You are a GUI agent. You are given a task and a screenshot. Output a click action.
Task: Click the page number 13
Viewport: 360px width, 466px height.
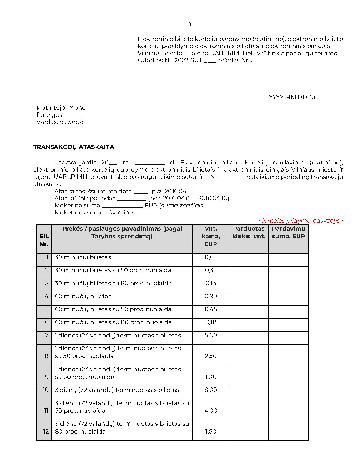click(x=188, y=24)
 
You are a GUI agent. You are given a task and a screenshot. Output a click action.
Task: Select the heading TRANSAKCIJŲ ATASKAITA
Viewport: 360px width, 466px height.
click(x=74, y=147)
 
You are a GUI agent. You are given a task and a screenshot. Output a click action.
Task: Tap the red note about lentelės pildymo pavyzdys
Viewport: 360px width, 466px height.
click(x=301, y=221)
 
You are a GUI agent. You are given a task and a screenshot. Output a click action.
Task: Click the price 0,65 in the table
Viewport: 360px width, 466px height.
click(x=211, y=257)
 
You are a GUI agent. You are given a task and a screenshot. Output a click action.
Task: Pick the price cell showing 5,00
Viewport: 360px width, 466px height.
click(x=211, y=335)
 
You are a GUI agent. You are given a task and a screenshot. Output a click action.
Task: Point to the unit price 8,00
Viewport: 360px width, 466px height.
click(x=211, y=390)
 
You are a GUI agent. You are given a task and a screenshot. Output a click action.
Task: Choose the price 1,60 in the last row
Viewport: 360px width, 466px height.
click(x=211, y=432)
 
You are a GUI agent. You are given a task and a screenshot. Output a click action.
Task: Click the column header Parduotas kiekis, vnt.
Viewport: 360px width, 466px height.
click(x=249, y=232)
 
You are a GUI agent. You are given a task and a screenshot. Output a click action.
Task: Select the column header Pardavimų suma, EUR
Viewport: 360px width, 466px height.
click(x=288, y=232)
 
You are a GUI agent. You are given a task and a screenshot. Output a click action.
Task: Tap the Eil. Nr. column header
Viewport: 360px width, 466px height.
click(x=44, y=240)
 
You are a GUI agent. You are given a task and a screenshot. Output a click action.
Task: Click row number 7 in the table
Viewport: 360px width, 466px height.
click(x=46, y=335)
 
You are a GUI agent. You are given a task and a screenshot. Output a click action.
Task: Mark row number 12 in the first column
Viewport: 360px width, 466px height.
click(x=46, y=432)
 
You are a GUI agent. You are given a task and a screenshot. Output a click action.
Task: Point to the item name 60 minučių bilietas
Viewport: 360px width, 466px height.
click(x=83, y=296)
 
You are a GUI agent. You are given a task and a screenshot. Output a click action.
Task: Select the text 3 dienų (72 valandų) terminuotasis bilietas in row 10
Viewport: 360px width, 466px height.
click(x=117, y=390)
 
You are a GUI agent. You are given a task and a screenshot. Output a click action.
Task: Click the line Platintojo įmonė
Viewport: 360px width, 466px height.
click(x=61, y=108)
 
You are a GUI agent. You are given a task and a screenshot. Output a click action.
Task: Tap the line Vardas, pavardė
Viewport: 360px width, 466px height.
click(x=60, y=122)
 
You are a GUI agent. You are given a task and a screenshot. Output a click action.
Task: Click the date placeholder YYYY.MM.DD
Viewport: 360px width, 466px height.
click(x=288, y=97)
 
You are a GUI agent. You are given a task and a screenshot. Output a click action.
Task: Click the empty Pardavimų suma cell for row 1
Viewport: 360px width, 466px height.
click(x=288, y=260)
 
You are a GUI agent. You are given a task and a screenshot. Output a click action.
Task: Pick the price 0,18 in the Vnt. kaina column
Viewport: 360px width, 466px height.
click(x=211, y=322)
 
